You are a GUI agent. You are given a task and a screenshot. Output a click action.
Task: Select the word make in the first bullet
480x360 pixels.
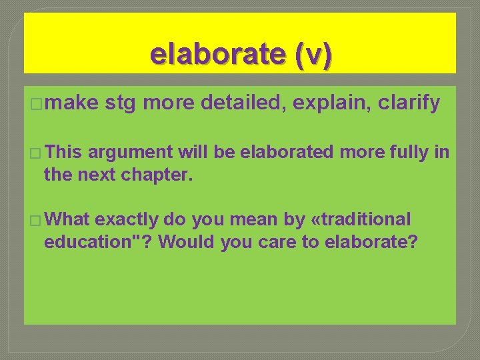pos(72,103)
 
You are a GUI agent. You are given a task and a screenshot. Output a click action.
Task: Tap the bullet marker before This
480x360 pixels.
pos(35,153)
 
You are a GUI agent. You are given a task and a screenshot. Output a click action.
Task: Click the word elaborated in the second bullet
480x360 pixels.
pos(287,153)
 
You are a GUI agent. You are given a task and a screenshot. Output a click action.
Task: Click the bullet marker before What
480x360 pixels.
pos(35,219)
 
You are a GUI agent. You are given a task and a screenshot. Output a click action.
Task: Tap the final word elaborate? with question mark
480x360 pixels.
pos(371,241)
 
